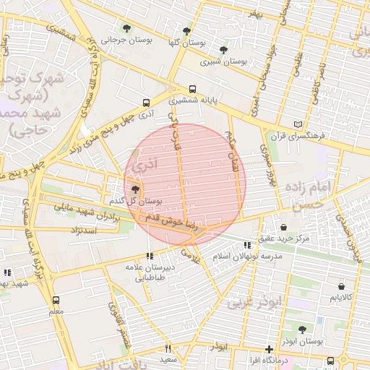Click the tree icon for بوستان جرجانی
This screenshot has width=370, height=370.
pos(127,29)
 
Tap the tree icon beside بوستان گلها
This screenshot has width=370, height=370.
pos(186,31)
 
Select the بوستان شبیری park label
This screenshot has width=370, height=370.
pos(223,61)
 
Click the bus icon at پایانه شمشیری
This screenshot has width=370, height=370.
pos(192,90)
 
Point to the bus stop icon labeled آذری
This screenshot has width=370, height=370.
pos(147,103)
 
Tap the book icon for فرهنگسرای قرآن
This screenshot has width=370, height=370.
pos(298,124)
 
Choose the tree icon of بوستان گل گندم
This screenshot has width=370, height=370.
pos(135,189)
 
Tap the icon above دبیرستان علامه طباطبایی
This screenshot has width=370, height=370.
pos(150,256)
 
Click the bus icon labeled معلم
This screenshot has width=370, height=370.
pos(56,300)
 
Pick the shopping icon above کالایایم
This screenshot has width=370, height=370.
pos(341,286)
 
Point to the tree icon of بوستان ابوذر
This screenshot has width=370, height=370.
pos(302,330)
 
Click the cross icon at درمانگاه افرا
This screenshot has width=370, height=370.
pos(269,349)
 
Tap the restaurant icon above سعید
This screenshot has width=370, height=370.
pos(168,348)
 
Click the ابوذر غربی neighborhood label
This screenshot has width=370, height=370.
pos(257,302)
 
